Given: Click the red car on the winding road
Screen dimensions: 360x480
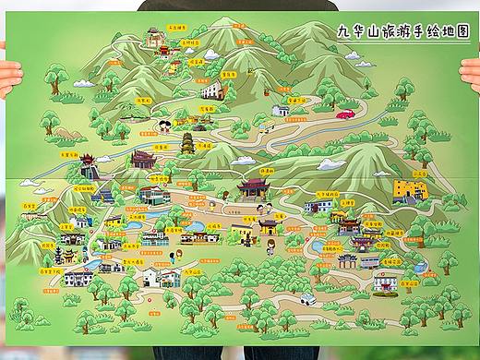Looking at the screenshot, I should (346, 115).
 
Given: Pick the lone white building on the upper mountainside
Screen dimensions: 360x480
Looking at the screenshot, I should (212, 90).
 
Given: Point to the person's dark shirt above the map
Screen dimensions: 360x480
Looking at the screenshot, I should (240, 6).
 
